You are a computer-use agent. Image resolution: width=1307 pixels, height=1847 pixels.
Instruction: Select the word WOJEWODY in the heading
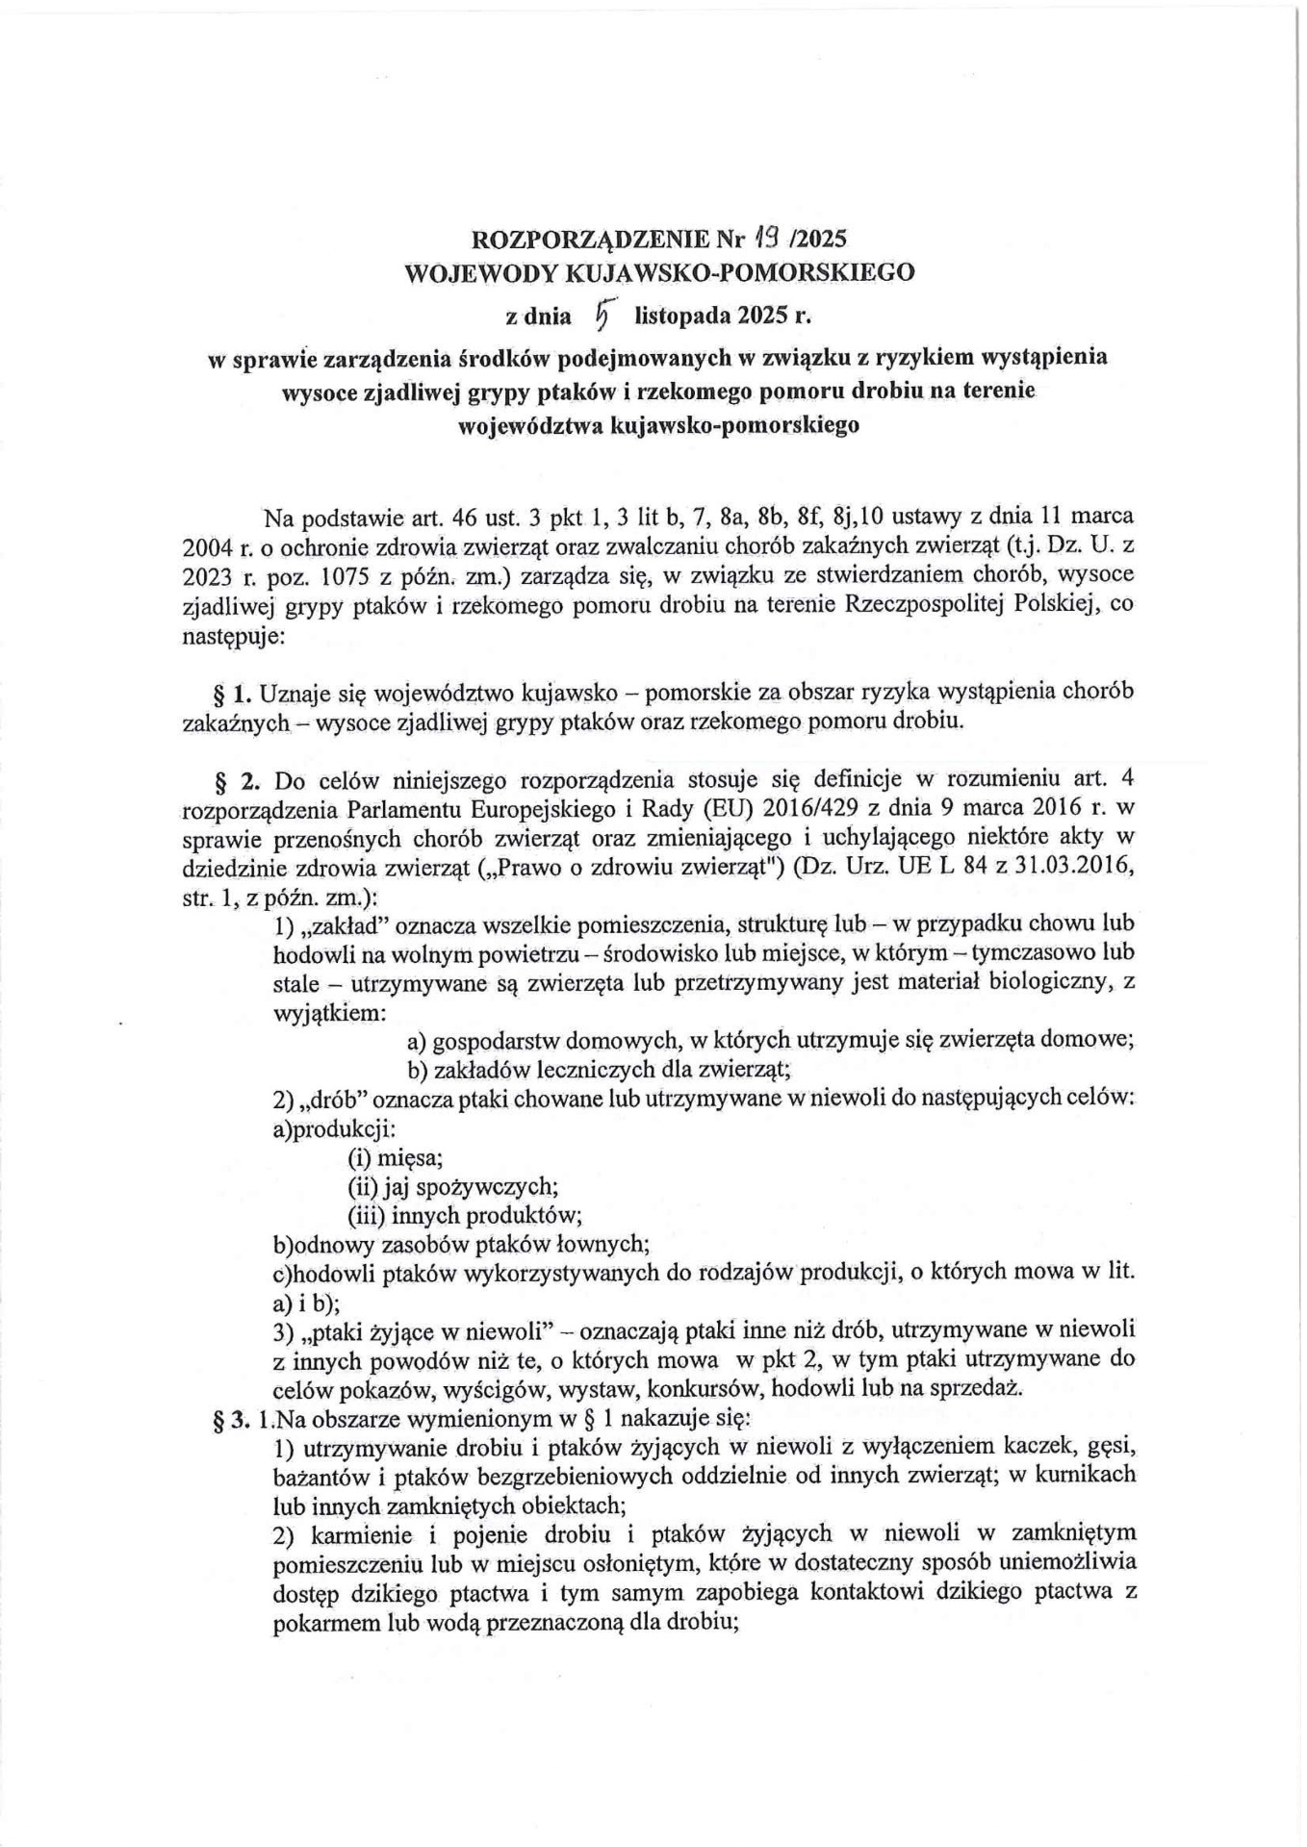[x=479, y=272]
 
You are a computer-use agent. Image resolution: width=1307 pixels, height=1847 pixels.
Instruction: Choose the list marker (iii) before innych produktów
[x=365, y=1216]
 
